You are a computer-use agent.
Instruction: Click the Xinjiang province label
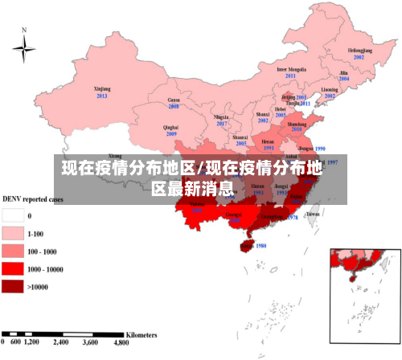point(101,88)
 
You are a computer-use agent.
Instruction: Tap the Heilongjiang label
point(359,51)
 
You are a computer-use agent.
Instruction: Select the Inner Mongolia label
point(292,69)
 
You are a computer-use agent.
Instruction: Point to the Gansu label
point(173,99)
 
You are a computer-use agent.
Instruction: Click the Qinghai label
point(170,127)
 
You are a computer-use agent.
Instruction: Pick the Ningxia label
point(222,117)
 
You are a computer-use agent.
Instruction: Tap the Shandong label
point(297,125)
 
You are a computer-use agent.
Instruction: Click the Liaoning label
point(330,89)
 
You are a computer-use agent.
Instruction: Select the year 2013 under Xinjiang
point(102,96)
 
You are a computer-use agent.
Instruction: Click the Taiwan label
point(314,214)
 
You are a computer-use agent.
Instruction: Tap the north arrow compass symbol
point(24,50)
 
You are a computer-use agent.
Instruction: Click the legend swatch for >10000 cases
point(14,285)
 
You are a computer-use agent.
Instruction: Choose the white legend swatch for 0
point(14,215)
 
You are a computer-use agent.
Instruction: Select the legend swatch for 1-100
point(14,233)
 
